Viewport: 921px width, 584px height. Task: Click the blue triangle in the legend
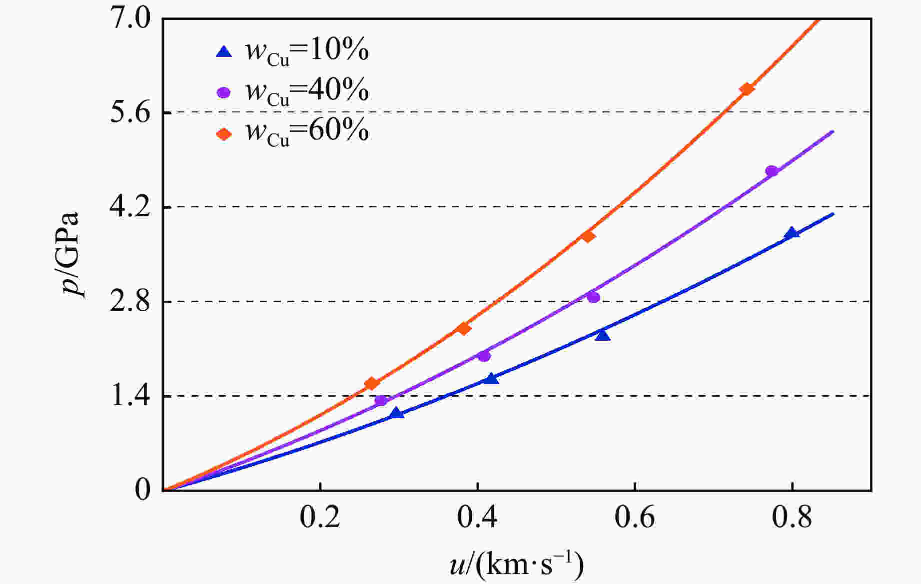pos(224,51)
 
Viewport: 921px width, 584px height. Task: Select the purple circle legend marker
pos(224,92)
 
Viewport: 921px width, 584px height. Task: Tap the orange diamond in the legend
pos(224,134)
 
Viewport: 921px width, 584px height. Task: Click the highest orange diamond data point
pos(747,89)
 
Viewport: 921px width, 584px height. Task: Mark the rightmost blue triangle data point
pos(792,233)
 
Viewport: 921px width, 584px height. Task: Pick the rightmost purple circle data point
pos(772,171)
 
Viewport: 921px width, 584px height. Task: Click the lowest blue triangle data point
pos(397,413)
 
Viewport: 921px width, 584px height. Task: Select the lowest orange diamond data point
pos(371,383)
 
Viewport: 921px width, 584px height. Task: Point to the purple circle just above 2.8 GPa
pos(593,297)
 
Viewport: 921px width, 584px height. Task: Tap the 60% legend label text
pos(307,132)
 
